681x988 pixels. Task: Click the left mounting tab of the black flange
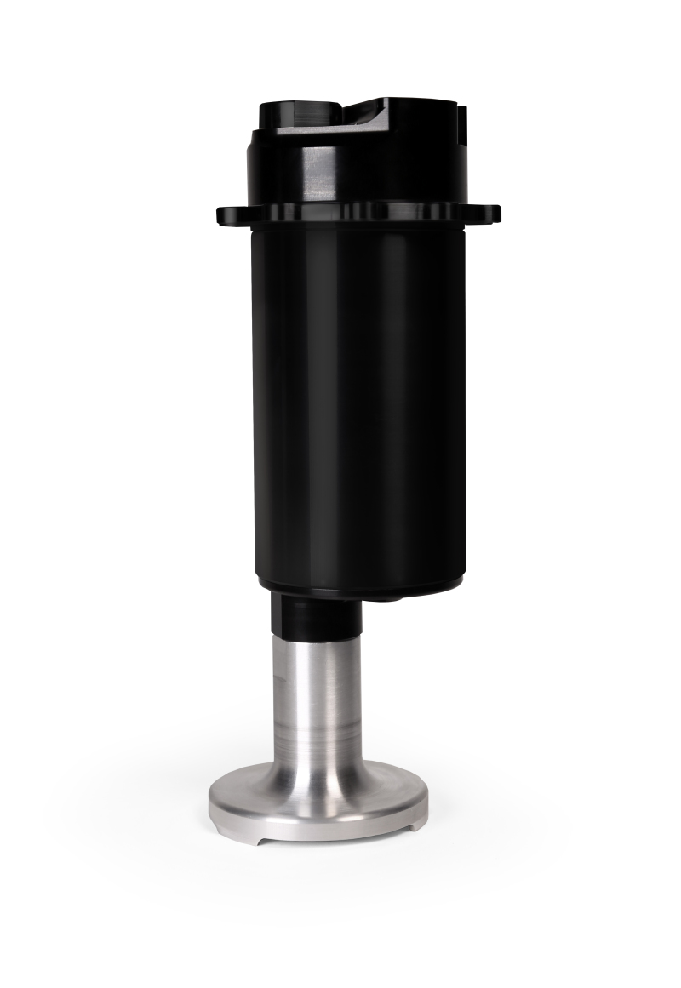pos(228,214)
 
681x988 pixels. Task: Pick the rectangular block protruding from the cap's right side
pos(461,119)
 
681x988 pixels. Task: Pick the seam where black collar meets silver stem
pos(316,636)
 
